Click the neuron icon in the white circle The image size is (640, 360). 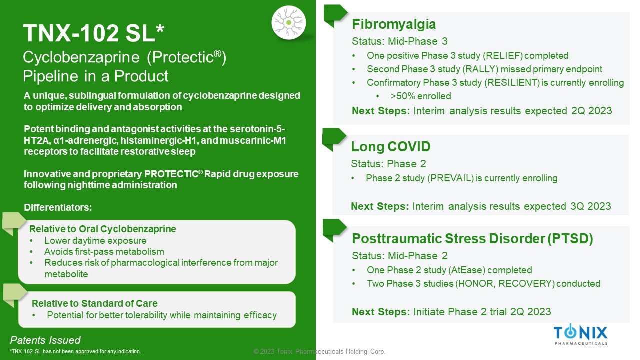[289, 22]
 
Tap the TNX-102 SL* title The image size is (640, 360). [93, 33]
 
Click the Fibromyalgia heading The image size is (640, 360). [394, 24]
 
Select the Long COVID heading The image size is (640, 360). [390, 147]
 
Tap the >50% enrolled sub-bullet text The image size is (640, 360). [421, 96]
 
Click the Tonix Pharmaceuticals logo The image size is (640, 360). [581, 334]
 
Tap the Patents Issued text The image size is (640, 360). [45, 340]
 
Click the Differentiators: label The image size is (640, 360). [58, 207]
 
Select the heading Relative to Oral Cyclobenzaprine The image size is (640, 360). [103, 229]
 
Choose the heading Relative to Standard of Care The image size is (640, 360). [95, 303]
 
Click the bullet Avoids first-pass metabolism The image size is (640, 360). [104, 251]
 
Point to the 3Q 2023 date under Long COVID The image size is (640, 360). [591, 206]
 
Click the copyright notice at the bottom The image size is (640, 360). [319, 351]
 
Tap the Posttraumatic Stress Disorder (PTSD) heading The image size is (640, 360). [472, 239]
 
